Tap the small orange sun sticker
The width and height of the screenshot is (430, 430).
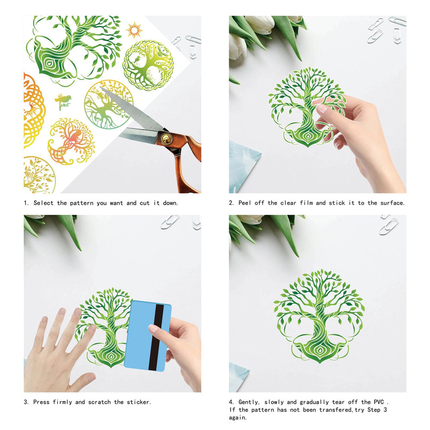tap(134, 30)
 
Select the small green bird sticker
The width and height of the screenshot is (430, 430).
tap(63, 101)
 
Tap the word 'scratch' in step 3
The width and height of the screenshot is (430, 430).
tap(99, 402)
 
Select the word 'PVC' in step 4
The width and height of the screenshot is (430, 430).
tap(379, 402)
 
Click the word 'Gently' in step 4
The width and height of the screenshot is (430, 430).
tap(248, 403)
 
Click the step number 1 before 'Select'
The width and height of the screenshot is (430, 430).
tap(26, 203)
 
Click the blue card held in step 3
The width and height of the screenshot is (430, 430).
tap(147, 336)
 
